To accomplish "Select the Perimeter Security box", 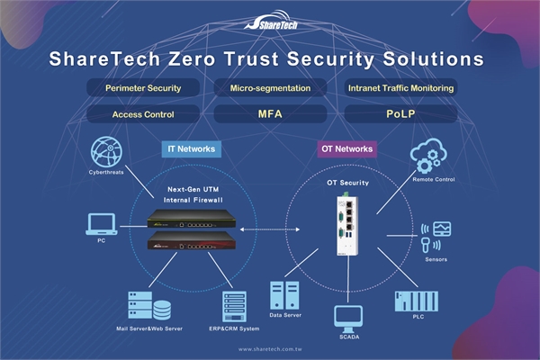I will point(142,88).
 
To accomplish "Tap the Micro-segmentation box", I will point(271,88).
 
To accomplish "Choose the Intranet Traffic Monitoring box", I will point(400,88).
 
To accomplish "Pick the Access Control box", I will point(142,114).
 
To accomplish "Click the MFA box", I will point(271,114).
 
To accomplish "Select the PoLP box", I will point(400,114).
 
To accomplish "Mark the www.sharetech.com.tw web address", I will point(270,348).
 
